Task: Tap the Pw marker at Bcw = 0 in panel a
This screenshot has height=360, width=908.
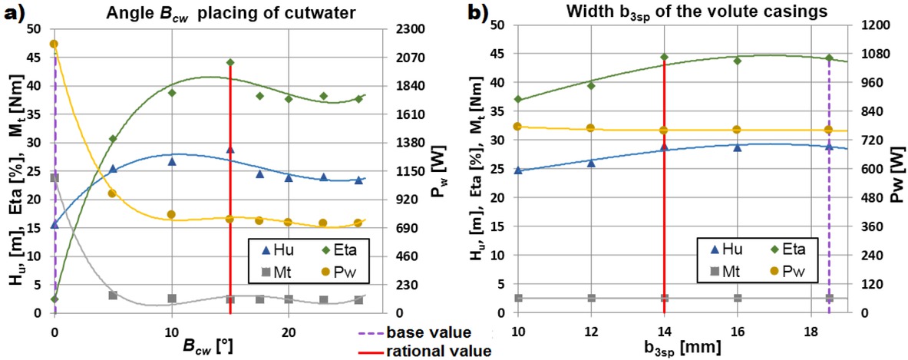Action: coord(54,44)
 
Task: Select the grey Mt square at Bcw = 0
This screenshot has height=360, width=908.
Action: coord(54,177)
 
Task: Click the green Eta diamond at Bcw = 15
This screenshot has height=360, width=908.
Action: coord(230,62)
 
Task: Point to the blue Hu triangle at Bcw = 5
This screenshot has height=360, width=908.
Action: coord(113,169)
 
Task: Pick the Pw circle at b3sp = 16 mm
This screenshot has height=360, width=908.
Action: coord(738,130)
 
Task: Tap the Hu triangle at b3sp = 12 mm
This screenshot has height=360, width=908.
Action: coord(591,163)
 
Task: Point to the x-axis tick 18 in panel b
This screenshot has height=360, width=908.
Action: coord(811,329)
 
